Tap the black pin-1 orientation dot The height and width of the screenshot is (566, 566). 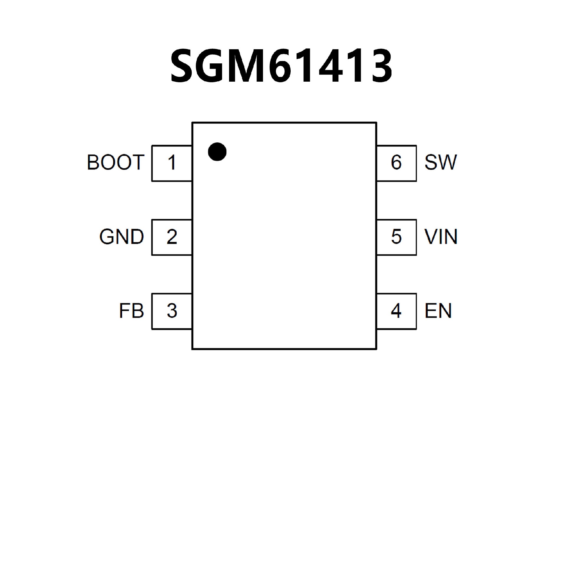pos(217,152)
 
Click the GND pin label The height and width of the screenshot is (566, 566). pos(121,237)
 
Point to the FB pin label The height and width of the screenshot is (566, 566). pos(131,311)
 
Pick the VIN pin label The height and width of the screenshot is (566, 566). pos(441,237)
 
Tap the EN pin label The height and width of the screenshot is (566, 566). pos(438,311)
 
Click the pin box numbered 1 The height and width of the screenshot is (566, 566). pos(172,163)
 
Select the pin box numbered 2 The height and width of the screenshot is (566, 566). pos(172,237)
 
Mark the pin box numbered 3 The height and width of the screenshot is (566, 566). pos(172,311)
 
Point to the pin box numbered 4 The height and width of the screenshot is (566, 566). pos(396,311)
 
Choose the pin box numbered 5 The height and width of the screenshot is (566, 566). pos(396,237)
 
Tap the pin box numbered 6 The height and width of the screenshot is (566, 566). pos(396,163)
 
